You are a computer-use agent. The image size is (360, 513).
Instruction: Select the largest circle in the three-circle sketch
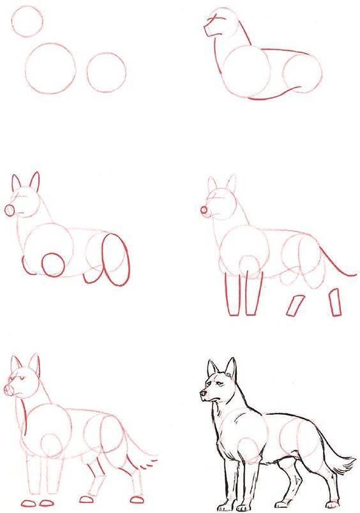click(x=51, y=68)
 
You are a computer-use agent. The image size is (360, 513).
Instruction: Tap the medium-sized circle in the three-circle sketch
click(x=106, y=72)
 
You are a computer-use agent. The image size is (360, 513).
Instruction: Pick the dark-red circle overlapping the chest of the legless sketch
click(x=53, y=263)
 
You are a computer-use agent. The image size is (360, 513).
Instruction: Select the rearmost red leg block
click(x=334, y=302)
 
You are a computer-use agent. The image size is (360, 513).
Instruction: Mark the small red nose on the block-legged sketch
click(x=204, y=209)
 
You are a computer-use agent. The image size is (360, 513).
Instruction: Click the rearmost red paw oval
click(x=135, y=498)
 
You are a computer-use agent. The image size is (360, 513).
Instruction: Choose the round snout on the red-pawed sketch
click(x=10, y=389)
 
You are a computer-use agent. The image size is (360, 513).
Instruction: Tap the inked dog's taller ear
click(x=231, y=370)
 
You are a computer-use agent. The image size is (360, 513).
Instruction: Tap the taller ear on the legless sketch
click(x=34, y=181)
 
